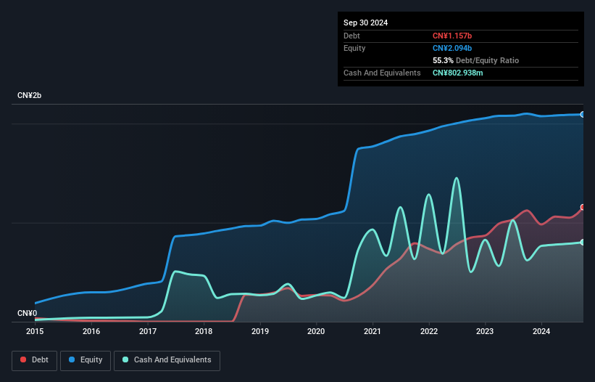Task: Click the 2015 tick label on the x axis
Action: tap(35, 331)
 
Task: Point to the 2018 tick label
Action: tap(204, 331)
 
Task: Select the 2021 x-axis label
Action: tap(373, 331)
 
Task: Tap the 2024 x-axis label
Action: tap(541, 331)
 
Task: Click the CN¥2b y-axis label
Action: tap(30, 96)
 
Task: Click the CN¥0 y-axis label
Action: tap(27, 314)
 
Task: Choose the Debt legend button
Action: tap(34, 360)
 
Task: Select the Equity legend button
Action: tap(86, 360)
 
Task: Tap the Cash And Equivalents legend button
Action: tap(167, 360)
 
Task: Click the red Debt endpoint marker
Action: tap(583, 207)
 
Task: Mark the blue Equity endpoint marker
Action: tap(583, 114)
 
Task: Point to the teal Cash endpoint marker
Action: tap(583, 242)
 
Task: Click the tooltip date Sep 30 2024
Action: tap(365, 23)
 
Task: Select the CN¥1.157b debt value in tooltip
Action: tap(453, 36)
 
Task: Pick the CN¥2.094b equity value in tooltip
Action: tap(453, 48)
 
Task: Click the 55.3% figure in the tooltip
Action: tap(444, 60)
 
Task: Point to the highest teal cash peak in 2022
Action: tap(456, 178)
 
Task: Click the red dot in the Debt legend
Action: tap(24, 360)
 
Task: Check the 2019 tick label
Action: tap(260, 331)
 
